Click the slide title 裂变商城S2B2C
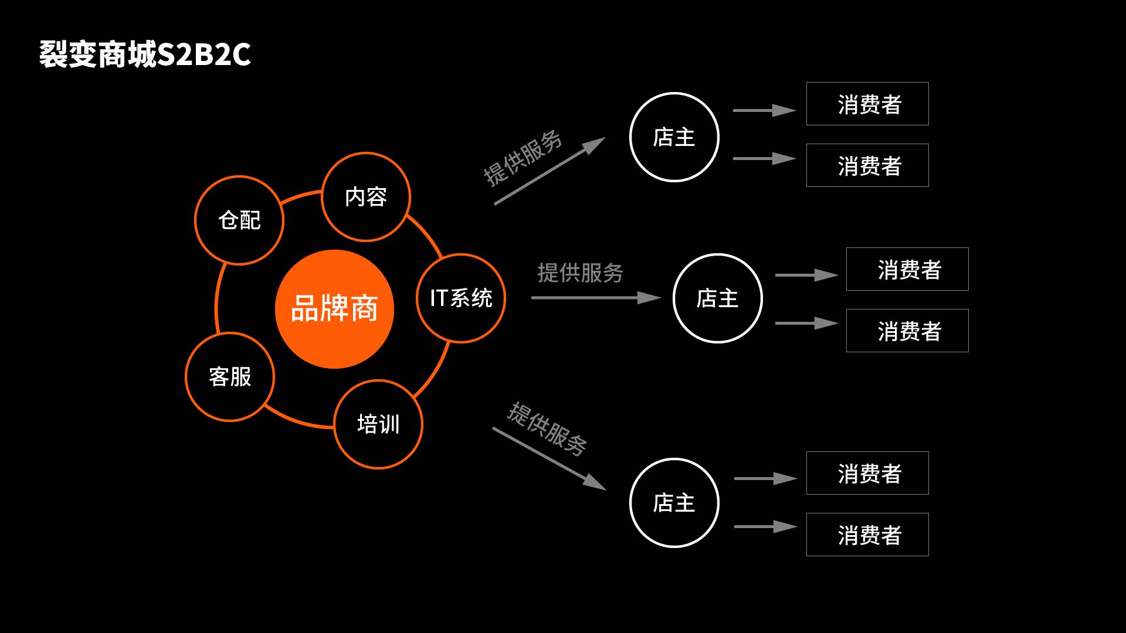145,55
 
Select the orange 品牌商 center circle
334,309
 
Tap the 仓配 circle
239,220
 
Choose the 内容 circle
366,196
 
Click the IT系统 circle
461,298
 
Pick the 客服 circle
230,376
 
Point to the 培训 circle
378,424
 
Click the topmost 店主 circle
674,137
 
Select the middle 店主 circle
717,298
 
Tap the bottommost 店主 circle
674,503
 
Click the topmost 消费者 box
867,104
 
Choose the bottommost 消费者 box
867,535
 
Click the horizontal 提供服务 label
580,273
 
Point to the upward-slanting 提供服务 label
522,158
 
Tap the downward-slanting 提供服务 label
547,428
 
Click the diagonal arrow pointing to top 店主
549,171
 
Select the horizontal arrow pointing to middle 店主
595,298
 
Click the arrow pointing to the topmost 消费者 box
764,110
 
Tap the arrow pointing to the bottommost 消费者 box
765,526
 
